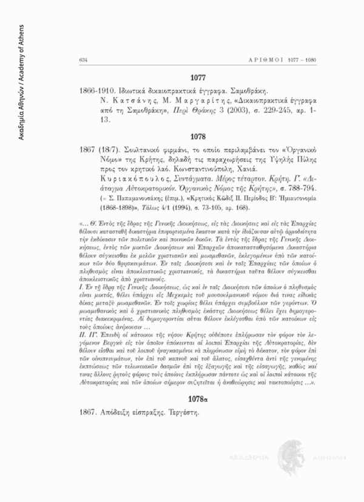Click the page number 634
click(83, 60)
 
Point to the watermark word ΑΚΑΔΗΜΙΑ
click(243, 455)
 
